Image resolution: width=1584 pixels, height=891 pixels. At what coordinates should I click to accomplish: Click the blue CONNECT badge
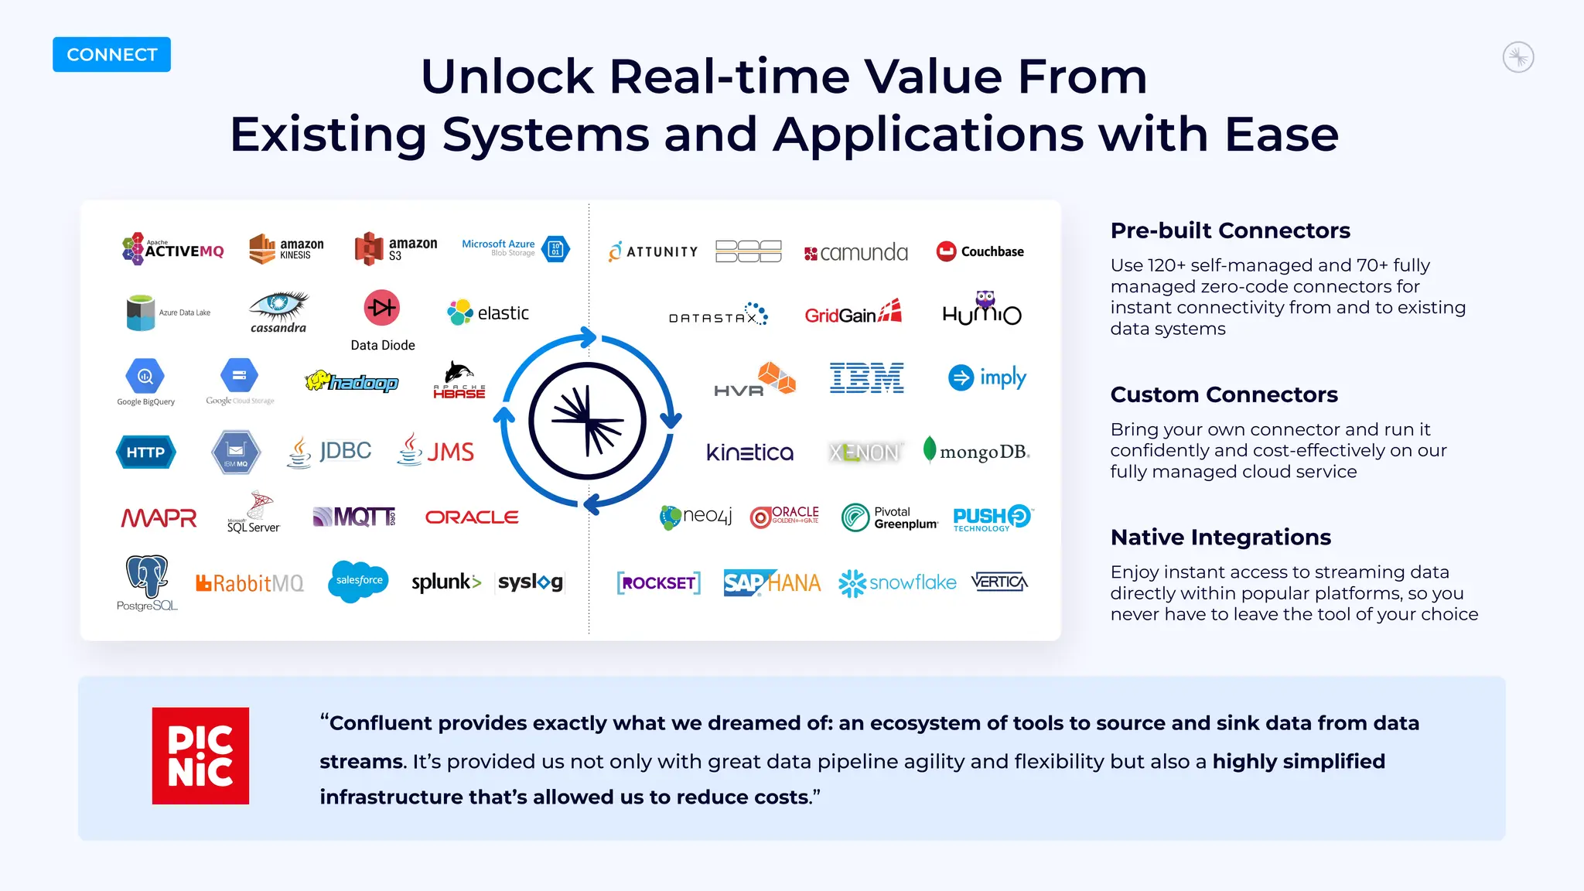[x=111, y=55]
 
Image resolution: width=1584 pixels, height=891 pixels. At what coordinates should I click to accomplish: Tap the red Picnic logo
[x=200, y=756]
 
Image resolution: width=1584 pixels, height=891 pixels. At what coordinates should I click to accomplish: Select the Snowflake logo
[x=897, y=583]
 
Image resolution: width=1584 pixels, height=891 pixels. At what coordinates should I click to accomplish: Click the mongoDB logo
[x=976, y=451]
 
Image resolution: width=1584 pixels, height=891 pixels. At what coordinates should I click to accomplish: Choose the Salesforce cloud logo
[x=358, y=581]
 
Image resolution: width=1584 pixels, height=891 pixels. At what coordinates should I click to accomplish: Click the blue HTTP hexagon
[x=145, y=452]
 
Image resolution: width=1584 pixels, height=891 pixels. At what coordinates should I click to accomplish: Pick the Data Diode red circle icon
[x=381, y=308]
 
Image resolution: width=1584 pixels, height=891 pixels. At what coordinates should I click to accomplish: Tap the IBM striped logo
[x=866, y=377]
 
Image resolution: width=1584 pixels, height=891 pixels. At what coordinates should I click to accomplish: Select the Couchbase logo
[x=980, y=251]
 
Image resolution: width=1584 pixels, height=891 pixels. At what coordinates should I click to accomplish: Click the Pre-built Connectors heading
[x=1230, y=230]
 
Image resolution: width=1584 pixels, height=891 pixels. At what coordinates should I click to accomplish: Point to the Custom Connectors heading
[x=1224, y=394]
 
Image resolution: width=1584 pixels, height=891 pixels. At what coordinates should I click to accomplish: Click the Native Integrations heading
[x=1220, y=537]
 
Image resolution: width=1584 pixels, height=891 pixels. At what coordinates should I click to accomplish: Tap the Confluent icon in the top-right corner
[x=1517, y=57]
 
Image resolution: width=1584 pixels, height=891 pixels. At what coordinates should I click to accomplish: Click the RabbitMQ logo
[x=250, y=583]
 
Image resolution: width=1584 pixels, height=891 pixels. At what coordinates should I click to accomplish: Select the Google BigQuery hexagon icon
[x=145, y=377]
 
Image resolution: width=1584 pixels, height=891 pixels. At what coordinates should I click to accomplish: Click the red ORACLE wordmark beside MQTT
[x=472, y=517]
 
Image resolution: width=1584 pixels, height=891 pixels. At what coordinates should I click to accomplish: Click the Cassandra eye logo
[x=278, y=308]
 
